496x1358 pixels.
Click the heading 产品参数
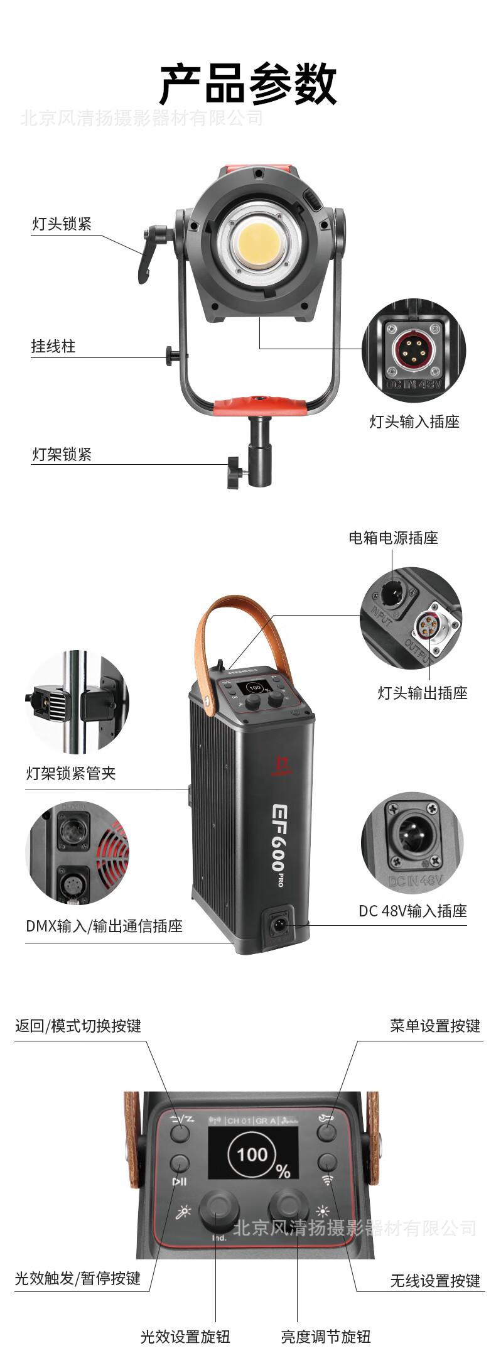pyautogui.click(x=248, y=84)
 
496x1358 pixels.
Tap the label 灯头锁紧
pyautogui.click(x=62, y=224)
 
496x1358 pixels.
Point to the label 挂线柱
pyautogui.click(x=53, y=346)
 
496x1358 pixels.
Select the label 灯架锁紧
pyautogui.click(x=62, y=454)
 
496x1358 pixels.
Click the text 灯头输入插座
pyautogui.click(x=414, y=422)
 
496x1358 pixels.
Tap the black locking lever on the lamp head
pyautogui.click(x=148, y=254)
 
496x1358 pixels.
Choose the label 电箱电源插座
pyautogui.click(x=393, y=538)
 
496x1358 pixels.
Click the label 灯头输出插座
pyautogui.click(x=423, y=693)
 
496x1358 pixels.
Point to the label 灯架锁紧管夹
pyautogui.click(x=71, y=773)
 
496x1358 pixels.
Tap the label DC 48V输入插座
pyautogui.click(x=412, y=911)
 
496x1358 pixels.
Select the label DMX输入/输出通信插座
pyautogui.click(x=104, y=926)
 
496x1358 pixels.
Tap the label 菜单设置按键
pyautogui.click(x=434, y=1026)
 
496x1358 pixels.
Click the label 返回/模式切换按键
pyautogui.click(x=78, y=1026)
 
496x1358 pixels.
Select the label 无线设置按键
pyautogui.click(x=434, y=1281)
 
